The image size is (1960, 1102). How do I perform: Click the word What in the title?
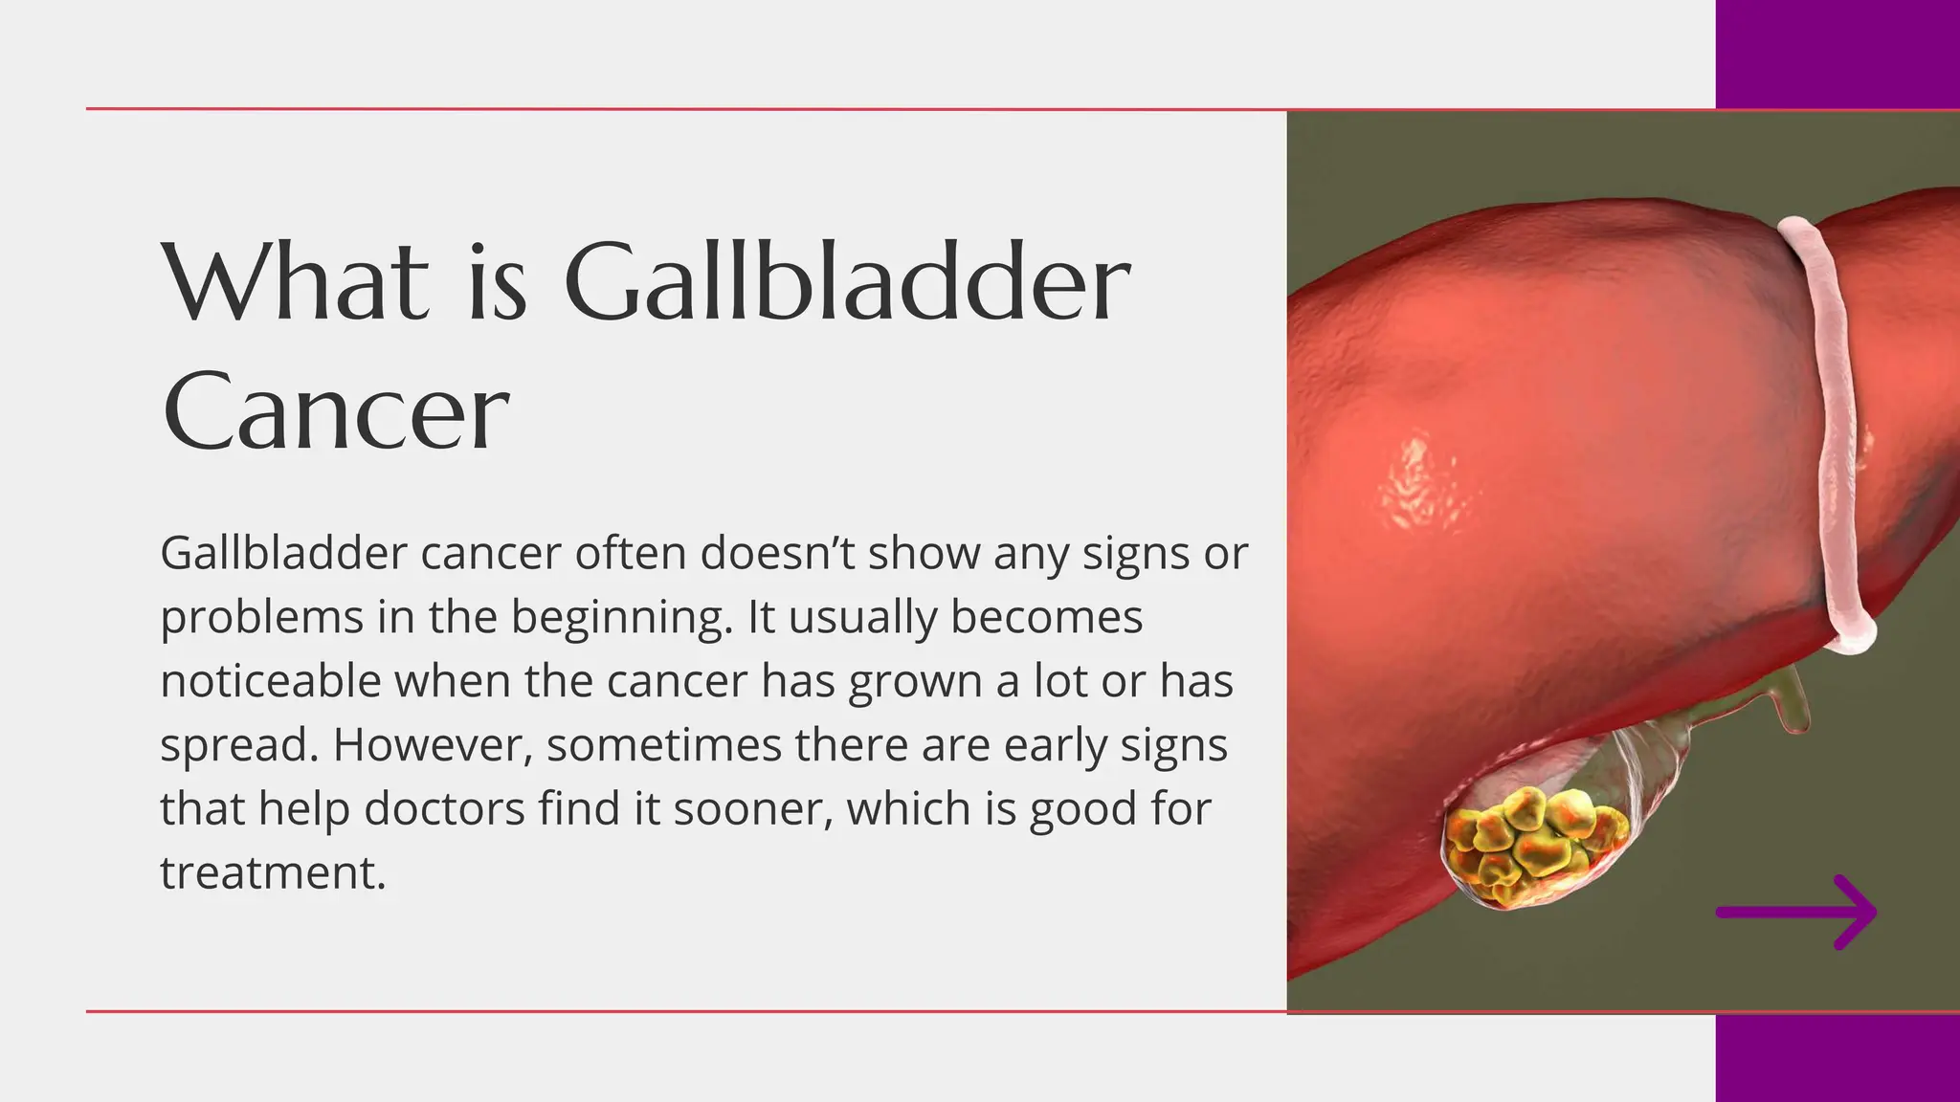(x=296, y=281)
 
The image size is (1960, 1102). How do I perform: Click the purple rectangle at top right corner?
(x=1837, y=54)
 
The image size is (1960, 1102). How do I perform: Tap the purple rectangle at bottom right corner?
(x=1837, y=1057)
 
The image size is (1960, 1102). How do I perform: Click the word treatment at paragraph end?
(x=272, y=872)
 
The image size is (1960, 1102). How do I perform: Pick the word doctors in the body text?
(x=444, y=809)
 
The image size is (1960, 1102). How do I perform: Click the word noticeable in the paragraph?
(x=270, y=681)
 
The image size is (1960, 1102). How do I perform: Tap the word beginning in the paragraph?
(x=621, y=618)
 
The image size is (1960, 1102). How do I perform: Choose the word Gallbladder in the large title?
(x=846, y=281)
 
